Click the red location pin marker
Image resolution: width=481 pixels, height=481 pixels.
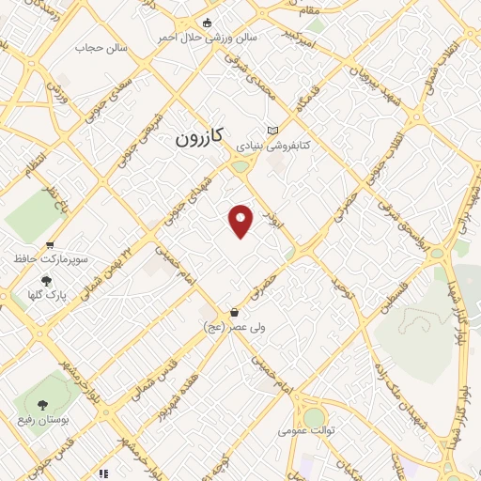pos(242,221)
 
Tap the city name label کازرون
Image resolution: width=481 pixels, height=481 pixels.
pos(198,137)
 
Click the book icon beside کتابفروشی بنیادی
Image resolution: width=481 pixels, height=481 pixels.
pos(273,131)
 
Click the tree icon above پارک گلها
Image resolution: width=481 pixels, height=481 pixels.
pos(45,279)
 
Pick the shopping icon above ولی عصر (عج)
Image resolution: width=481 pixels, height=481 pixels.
pos(234,312)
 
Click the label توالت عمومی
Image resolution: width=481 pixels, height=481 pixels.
pos(302,431)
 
